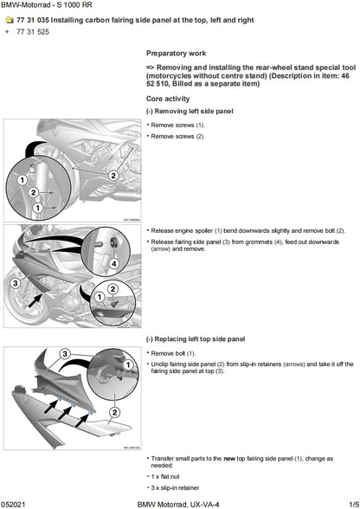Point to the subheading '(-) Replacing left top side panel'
[x=196, y=340]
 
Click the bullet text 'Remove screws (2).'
[x=178, y=137]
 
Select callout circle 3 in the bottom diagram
[x=65, y=354]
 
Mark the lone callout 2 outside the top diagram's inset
[x=112, y=175]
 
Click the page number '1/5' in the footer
[x=349, y=503]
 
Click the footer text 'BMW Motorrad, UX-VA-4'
[x=179, y=503]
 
